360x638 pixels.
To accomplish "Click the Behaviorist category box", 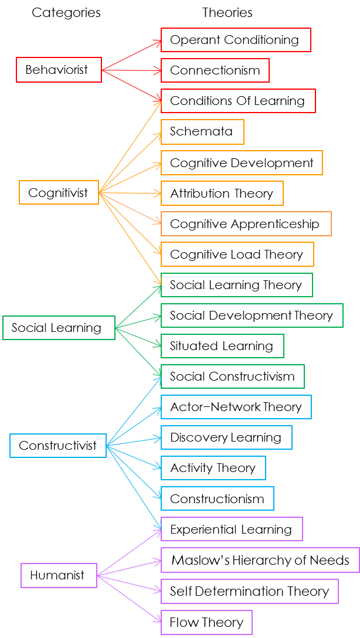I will tap(59, 70).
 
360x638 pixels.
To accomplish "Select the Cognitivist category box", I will tap(59, 192).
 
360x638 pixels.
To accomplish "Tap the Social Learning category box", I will tap(57, 328).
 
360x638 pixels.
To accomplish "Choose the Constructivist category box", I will tap(58, 446).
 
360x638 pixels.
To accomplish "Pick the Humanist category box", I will tap(58, 575).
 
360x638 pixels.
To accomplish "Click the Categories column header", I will tap(66, 12).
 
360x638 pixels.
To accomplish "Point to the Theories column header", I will tap(227, 12).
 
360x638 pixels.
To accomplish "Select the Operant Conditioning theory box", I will tap(235, 40).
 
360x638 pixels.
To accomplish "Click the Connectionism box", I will tap(215, 70).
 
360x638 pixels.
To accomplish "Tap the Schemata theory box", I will tap(202, 131).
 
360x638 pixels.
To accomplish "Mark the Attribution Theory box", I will tap(222, 194).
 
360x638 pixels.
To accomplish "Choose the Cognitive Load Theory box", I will tap(237, 254).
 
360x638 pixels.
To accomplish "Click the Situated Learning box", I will tap(222, 346).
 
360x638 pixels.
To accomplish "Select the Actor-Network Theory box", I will tap(236, 407).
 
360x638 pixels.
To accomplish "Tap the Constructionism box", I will tap(217, 499).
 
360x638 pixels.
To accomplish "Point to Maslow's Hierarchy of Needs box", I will tap(260, 560).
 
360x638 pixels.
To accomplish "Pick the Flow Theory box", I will tap(206, 622).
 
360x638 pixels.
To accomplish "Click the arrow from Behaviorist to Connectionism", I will tap(132, 70).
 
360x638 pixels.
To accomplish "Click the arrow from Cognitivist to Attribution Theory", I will tap(130, 192).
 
